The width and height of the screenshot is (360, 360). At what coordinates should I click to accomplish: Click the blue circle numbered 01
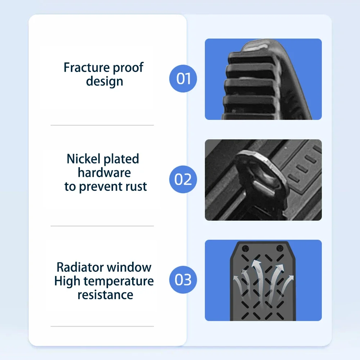[x=183, y=78]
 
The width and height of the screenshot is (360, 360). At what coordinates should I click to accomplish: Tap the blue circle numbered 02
[x=183, y=179]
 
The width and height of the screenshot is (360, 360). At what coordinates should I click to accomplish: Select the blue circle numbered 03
[x=183, y=280]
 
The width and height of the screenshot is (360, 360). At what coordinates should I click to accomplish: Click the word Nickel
[x=84, y=159]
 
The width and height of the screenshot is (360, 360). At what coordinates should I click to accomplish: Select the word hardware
[x=104, y=173]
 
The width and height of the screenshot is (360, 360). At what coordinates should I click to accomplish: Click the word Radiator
[x=79, y=267]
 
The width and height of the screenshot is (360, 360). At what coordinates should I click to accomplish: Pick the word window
[x=128, y=267]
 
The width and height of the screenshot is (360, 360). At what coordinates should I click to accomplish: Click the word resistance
[x=105, y=295]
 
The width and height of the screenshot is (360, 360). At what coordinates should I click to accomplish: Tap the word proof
[x=128, y=68]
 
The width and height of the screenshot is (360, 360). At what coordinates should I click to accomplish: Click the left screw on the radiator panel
[x=246, y=248]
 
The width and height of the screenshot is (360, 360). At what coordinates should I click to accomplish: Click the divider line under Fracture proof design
[x=102, y=125]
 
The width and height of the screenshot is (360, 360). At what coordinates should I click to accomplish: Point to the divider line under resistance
[x=102, y=327]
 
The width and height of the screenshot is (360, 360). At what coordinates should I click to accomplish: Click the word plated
[x=121, y=159]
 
